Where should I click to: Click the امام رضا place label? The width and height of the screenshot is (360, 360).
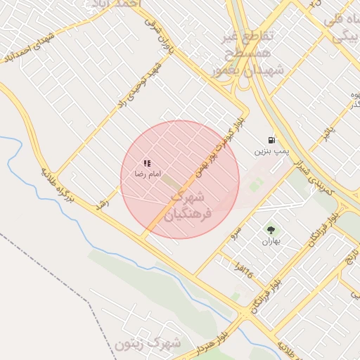click(148, 174)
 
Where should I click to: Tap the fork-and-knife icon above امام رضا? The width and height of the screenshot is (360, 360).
click(147, 163)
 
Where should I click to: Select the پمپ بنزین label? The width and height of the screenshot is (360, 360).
click(271, 151)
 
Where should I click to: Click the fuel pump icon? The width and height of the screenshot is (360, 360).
click(271, 141)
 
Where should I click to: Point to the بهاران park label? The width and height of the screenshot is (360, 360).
click(271, 241)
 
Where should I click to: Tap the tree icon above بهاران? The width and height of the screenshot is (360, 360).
click(271, 230)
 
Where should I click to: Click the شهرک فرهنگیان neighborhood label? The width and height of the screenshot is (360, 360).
click(186, 204)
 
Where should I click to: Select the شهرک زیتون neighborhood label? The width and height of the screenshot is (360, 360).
click(148, 344)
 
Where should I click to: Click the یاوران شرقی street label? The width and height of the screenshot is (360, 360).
click(160, 33)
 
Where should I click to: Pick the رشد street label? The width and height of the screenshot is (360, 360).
click(103, 202)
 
